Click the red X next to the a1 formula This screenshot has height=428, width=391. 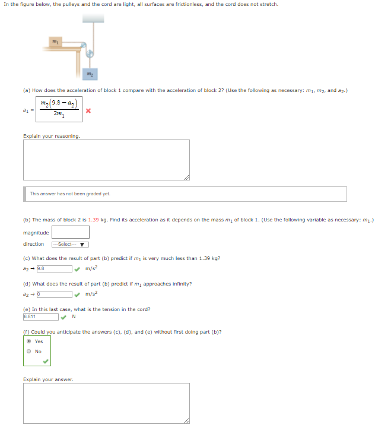(x=88, y=110)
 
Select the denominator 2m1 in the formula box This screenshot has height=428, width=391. (x=58, y=117)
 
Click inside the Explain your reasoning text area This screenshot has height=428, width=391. (x=106, y=160)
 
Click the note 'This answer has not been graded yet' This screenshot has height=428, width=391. (x=71, y=194)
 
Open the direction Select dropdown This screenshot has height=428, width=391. (x=70, y=245)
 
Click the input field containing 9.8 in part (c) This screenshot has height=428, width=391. (x=55, y=268)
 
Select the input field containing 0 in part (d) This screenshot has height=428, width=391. (x=55, y=293)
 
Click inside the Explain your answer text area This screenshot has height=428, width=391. (x=106, y=403)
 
